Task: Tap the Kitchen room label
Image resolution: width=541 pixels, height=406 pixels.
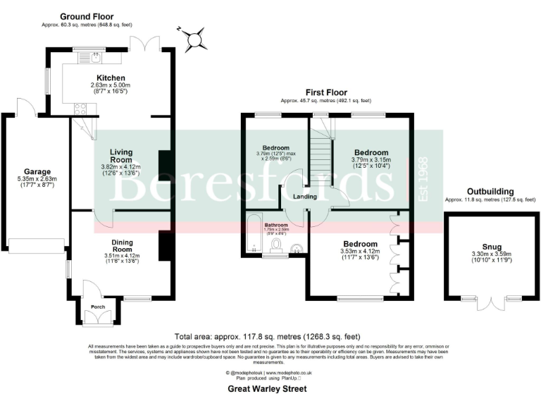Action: coord(111,78)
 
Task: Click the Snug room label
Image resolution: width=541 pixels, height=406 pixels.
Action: coord(483,246)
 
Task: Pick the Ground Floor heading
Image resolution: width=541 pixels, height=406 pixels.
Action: coord(87,16)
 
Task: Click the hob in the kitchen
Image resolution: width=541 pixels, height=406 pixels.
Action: coord(80,109)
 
